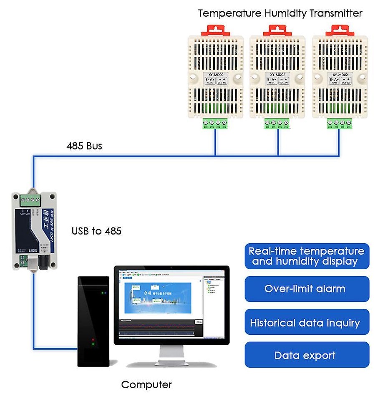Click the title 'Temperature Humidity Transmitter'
(x=280, y=13)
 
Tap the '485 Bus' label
(x=84, y=146)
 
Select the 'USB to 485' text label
(x=96, y=231)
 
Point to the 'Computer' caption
(x=146, y=384)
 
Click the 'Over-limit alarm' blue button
(x=307, y=289)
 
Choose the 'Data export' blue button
(x=307, y=356)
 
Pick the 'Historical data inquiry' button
(x=307, y=323)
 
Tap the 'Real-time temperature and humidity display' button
(x=307, y=256)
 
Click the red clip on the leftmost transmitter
(x=216, y=30)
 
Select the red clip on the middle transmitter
(x=277, y=30)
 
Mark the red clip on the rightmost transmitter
(x=340, y=30)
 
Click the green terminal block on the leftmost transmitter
(x=216, y=124)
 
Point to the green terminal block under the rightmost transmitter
(x=339, y=124)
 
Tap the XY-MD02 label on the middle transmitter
(x=277, y=75)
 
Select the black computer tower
(x=93, y=319)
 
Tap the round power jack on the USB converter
(x=43, y=262)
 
